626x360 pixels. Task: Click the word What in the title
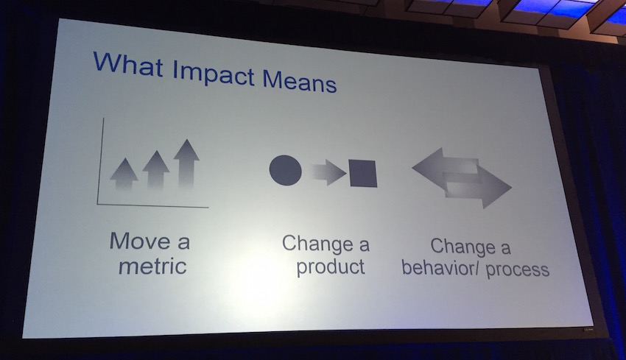128,64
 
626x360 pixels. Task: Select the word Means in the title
300,81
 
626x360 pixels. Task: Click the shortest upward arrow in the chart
124,174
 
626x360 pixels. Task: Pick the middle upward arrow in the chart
155,169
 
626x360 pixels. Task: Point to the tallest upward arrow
186,163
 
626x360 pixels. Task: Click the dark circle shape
286,170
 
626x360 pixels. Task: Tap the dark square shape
363,173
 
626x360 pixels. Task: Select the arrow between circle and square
328,172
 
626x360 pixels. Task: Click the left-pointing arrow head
428,167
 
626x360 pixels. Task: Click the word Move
140,241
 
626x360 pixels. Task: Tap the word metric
152,266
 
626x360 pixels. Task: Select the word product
331,267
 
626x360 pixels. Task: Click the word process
518,269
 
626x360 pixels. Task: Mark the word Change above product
318,244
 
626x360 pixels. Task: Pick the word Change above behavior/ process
463,247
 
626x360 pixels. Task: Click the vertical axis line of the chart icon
100,160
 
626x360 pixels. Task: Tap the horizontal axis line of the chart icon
152,205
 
